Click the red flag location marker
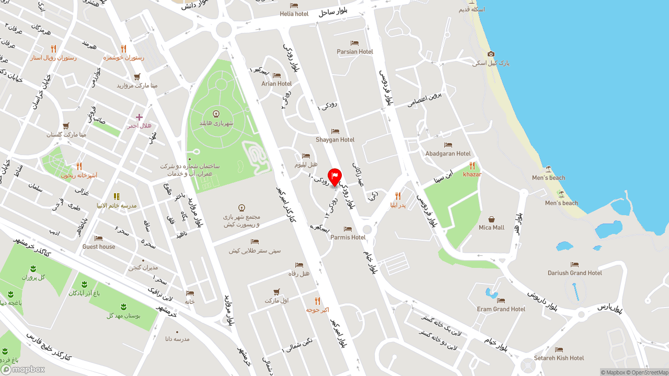tap(334, 176)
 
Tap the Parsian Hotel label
tap(355, 52)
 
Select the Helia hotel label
tap(294, 14)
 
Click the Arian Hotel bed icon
tap(276, 76)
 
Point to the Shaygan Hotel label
tap(335, 139)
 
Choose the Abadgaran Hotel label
tap(448, 154)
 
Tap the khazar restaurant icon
tap(472, 166)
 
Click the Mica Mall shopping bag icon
tap(491, 219)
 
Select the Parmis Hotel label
tap(348, 237)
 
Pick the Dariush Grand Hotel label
tap(575, 273)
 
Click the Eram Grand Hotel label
tap(501, 309)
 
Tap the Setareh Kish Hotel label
tap(559, 358)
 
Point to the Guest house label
tap(99, 246)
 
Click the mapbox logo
tap(23, 369)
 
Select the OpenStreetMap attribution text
tap(650, 372)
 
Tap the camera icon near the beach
tap(491, 54)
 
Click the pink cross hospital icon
tap(139, 118)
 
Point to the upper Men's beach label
tap(549, 178)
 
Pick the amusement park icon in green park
tap(216, 114)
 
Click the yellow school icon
tap(117, 197)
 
